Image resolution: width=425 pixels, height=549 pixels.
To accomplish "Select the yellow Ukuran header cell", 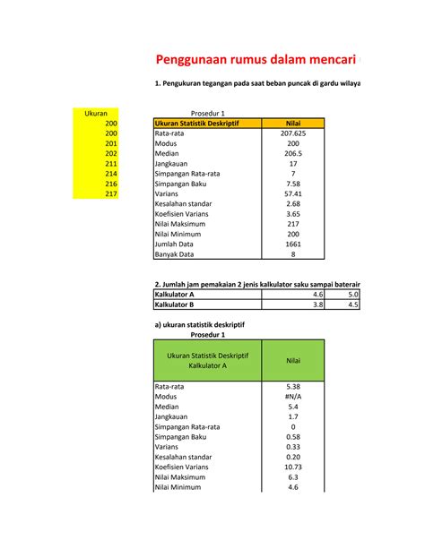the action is click(95, 114).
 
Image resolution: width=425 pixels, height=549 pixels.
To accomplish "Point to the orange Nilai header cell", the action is click(292, 124).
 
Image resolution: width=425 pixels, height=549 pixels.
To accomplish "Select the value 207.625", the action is click(292, 133).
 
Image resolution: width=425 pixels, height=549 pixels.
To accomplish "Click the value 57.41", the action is click(292, 193).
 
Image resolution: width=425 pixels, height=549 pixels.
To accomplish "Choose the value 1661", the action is click(292, 244).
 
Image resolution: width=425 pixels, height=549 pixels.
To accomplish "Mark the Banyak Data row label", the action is click(177, 253).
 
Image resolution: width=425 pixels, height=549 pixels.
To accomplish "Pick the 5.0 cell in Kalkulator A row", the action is click(352, 294).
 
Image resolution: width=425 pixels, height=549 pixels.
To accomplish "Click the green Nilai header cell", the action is click(292, 360).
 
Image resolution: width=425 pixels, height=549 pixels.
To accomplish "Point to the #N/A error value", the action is click(292, 396).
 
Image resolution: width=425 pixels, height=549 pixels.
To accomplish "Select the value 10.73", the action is click(292, 467).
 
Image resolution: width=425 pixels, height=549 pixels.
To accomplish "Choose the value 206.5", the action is click(292, 154).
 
